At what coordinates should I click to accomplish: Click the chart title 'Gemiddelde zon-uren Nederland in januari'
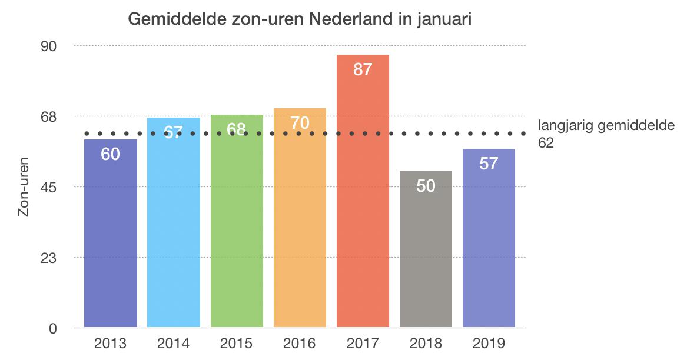[x=300, y=20]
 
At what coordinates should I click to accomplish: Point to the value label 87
[x=363, y=69]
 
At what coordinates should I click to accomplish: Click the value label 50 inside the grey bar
[x=426, y=186]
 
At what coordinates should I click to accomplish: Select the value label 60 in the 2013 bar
[x=111, y=155]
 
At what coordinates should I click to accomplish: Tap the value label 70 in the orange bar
[x=300, y=124]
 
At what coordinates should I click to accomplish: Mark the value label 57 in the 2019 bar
[x=489, y=164]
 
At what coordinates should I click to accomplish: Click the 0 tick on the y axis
[x=52, y=328]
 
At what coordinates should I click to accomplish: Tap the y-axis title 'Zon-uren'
[x=24, y=187]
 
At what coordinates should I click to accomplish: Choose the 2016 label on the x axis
[x=300, y=344]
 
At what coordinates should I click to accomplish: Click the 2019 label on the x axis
[x=489, y=344]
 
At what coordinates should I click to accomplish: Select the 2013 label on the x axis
[x=111, y=344]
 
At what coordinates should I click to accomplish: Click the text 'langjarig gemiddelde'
[x=606, y=126]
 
